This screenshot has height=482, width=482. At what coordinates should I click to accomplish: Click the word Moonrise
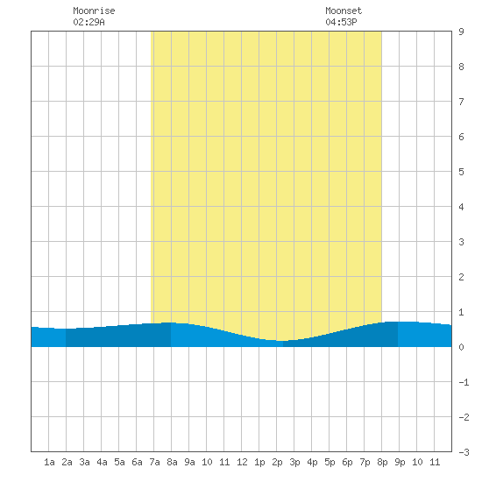94,11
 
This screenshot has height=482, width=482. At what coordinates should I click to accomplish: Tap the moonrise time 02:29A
89,22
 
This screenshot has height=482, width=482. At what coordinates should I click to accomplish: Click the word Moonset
344,11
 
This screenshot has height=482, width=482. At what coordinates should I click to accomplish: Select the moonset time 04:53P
341,22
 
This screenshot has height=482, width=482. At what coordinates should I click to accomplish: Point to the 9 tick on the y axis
461,32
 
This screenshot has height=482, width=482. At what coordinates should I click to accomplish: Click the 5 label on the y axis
461,172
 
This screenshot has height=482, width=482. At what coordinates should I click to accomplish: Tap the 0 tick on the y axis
461,347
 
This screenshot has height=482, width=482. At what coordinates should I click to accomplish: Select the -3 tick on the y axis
464,452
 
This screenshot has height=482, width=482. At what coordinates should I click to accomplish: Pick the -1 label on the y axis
464,382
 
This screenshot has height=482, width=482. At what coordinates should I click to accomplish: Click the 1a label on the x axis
49,462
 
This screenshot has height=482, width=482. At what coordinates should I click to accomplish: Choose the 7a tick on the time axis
154,462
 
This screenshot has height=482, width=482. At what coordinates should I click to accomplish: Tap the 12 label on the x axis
242,462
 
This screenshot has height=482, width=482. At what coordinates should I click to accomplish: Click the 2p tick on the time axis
277,462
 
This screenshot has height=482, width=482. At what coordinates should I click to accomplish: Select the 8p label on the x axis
382,462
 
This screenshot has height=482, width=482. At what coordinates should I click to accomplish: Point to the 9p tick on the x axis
400,462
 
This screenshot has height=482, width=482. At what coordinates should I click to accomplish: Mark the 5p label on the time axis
330,462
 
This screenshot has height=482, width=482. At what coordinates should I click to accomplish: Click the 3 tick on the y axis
461,242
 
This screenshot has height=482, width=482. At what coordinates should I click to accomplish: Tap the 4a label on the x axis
102,462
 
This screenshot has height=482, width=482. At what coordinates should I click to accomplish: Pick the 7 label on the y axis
461,102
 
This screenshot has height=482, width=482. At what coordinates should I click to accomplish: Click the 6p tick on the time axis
347,462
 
